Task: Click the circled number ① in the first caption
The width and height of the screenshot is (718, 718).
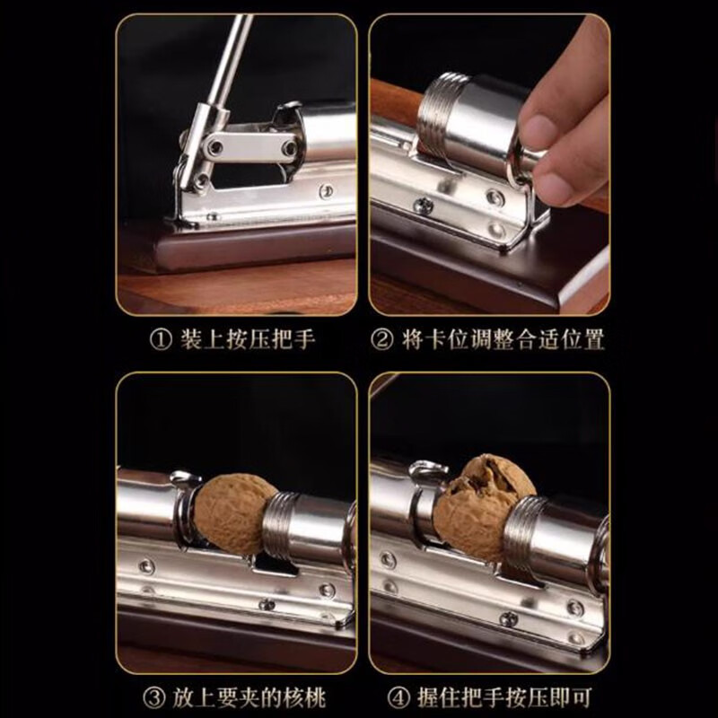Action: [160, 340]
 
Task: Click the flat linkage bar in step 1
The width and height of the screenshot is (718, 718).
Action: [249, 144]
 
